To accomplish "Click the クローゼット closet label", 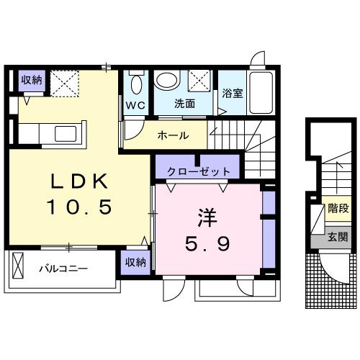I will (199, 171).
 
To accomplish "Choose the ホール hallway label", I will (173, 135).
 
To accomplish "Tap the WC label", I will (137, 104).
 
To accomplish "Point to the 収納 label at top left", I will (31, 79).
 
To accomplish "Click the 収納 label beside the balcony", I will (135, 262).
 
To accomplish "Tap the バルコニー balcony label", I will (63, 269).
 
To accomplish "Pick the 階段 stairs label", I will (338, 210).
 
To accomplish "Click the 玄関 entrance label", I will (338, 236).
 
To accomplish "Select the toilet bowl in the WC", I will (137, 84).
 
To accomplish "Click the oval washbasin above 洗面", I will (167, 81).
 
